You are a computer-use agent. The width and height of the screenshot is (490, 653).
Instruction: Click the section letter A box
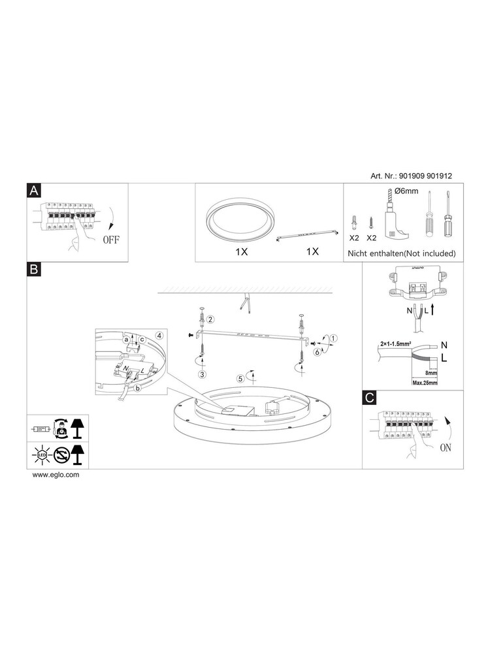tap(35, 190)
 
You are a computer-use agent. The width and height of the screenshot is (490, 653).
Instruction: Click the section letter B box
tap(35, 269)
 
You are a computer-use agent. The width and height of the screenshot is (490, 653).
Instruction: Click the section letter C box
tap(370, 398)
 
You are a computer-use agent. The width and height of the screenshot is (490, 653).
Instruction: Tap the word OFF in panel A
tap(110, 239)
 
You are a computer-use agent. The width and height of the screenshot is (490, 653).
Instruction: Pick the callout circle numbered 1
tap(334, 338)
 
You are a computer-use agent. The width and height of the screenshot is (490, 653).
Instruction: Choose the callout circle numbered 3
tap(203, 374)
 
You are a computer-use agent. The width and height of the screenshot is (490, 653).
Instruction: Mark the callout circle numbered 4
tap(159, 334)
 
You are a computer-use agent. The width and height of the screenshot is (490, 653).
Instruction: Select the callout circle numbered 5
tap(240, 377)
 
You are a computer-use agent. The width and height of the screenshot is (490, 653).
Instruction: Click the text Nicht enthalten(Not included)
tap(401, 253)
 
